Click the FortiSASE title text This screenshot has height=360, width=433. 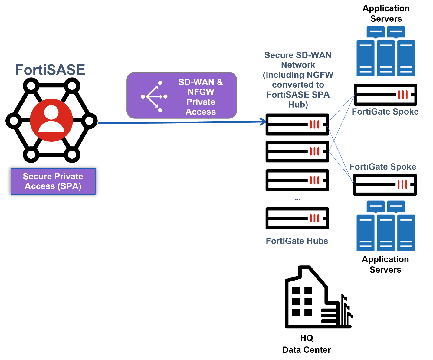(50, 70)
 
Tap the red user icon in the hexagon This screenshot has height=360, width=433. (51, 120)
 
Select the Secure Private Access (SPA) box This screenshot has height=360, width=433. (53, 181)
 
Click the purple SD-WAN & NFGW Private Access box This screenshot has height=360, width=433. (182, 95)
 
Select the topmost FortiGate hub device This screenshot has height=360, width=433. (297, 124)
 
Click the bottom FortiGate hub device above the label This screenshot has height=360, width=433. (297, 218)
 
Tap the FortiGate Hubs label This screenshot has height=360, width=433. (297, 241)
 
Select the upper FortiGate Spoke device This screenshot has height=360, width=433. (385, 95)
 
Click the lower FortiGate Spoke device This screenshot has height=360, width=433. (385, 184)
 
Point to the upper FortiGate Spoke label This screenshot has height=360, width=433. (385, 112)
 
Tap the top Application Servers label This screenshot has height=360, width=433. (386, 14)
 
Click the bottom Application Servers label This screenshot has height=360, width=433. (385, 264)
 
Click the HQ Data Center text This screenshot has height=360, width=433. (307, 344)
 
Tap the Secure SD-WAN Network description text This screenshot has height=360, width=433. (298, 80)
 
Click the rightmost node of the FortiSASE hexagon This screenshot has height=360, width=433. (89, 121)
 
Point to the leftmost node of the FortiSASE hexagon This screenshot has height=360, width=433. (14, 121)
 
